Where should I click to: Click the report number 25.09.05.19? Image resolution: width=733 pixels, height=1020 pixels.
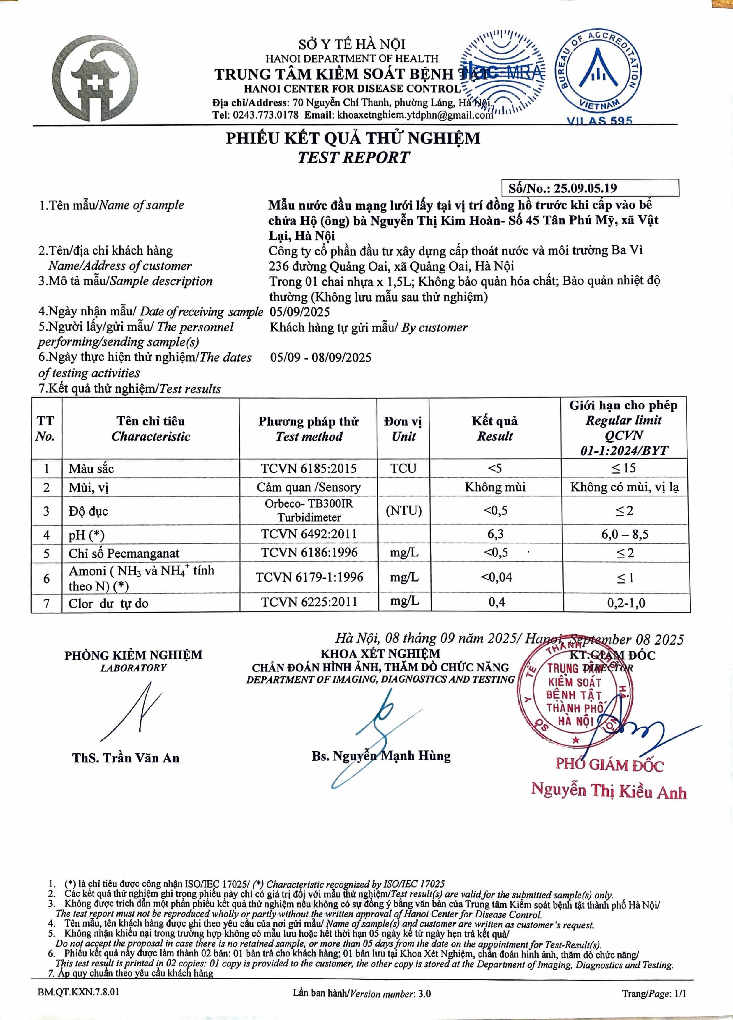click(x=585, y=188)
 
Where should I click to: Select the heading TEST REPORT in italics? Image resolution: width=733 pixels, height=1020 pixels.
click(x=353, y=157)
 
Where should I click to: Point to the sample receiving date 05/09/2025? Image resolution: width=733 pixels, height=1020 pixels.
click(x=299, y=312)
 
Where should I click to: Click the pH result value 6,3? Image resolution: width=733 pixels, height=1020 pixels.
click(x=495, y=534)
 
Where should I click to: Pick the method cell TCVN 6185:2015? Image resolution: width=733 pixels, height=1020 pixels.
click(x=309, y=468)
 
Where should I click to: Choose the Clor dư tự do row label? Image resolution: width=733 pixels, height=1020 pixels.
click(x=108, y=603)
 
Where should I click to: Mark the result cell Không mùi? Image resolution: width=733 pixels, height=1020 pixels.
click(x=495, y=487)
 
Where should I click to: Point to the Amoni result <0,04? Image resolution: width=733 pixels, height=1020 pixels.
click(x=496, y=577)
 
